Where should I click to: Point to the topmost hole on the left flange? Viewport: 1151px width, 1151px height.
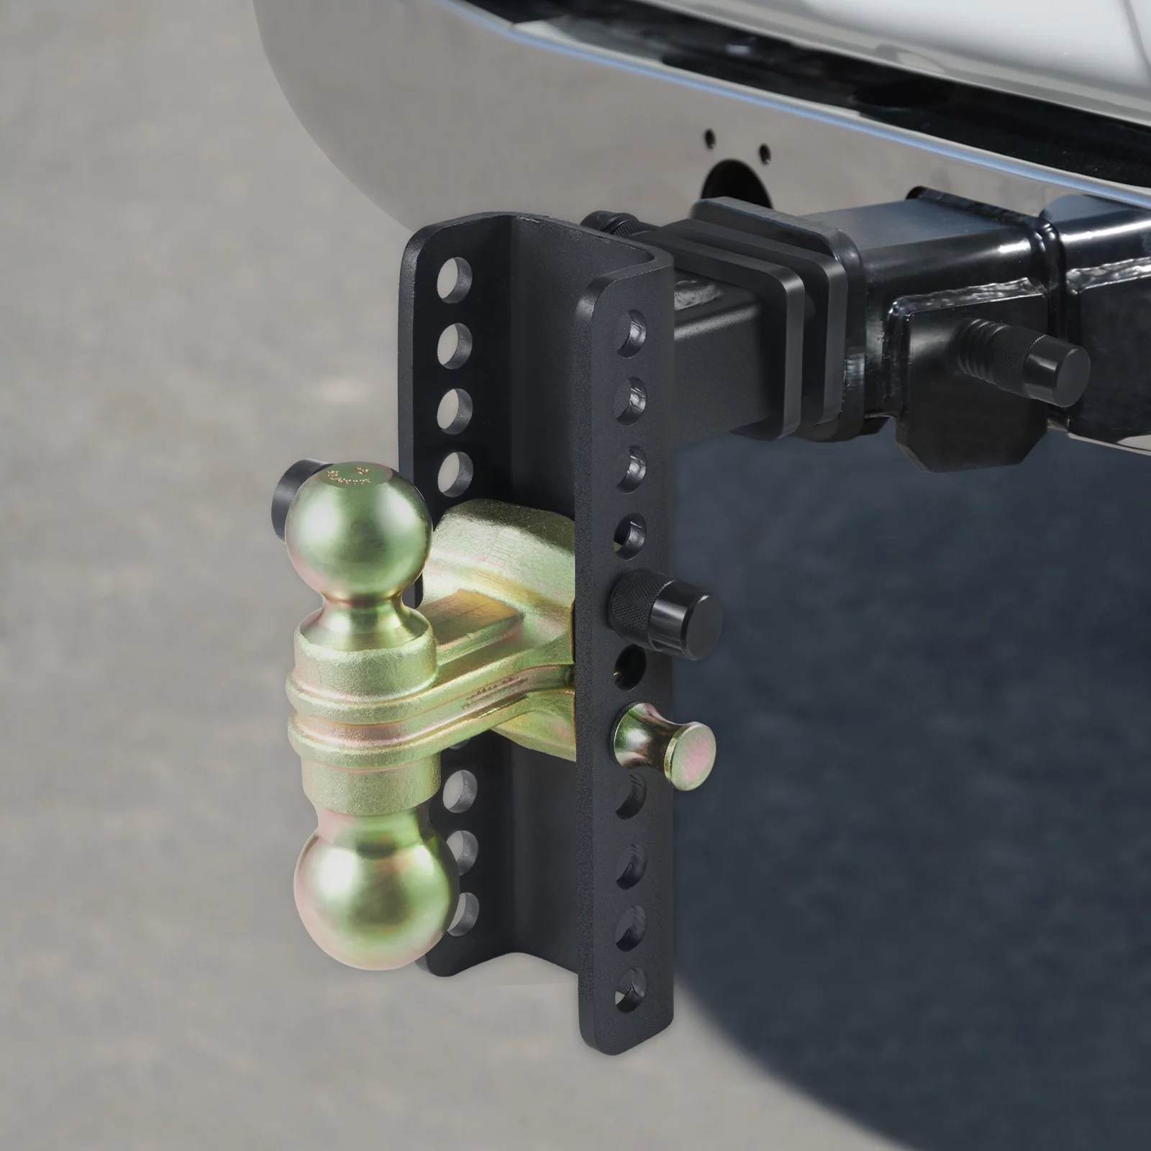(x=455, y=275)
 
